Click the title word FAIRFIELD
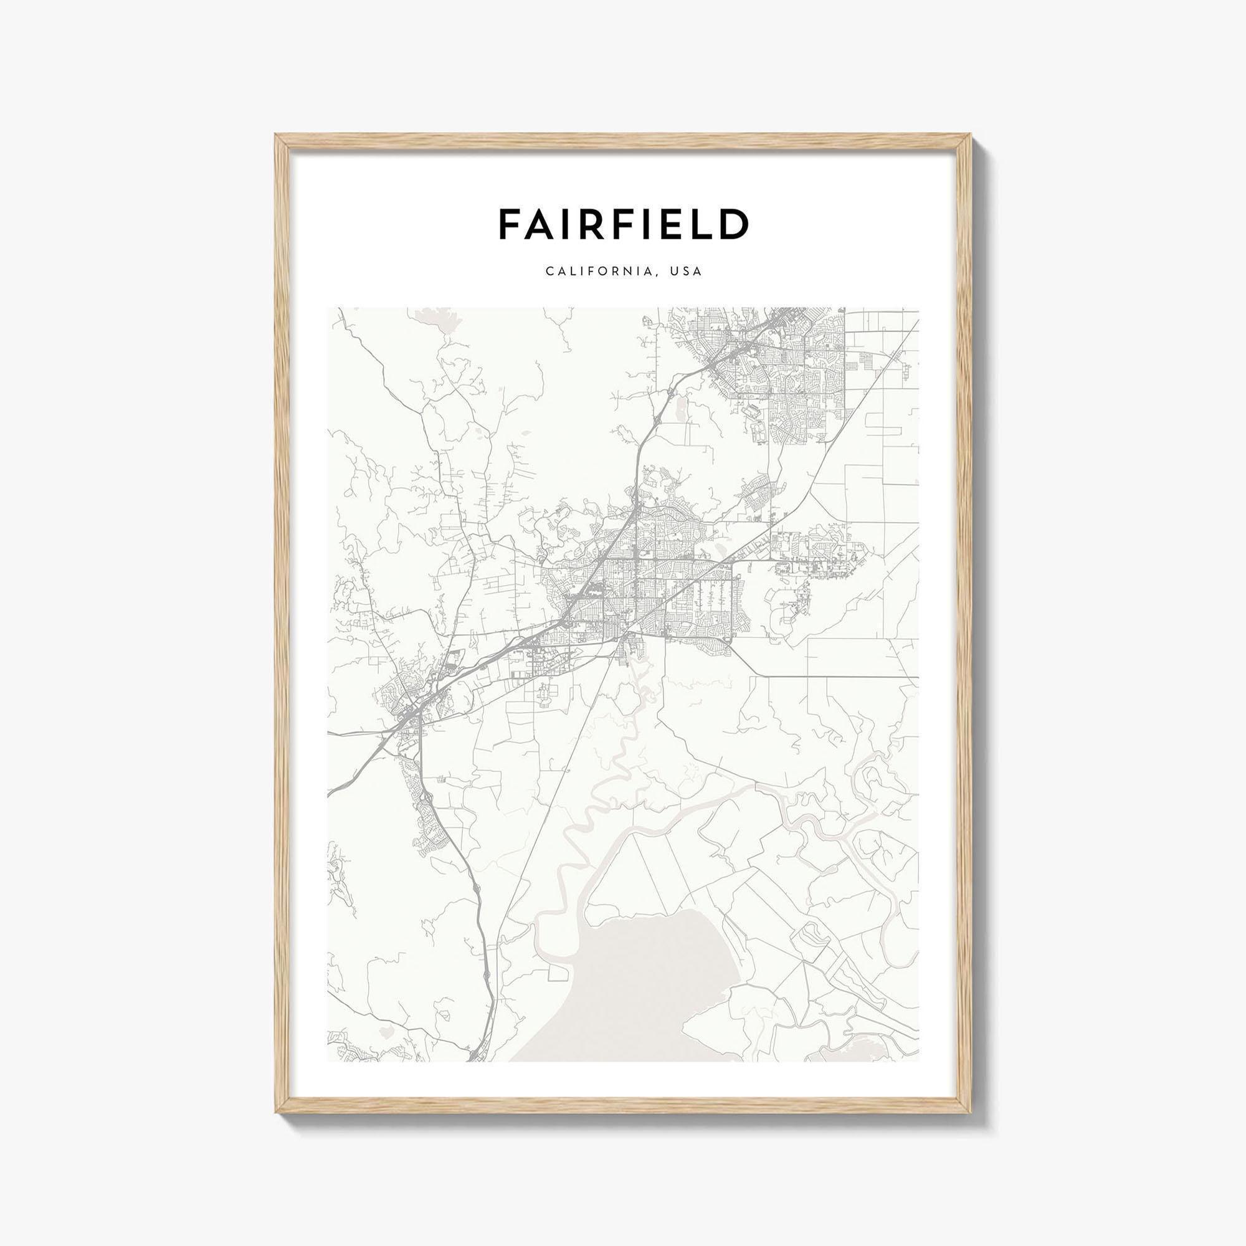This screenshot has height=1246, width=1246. [623, 223]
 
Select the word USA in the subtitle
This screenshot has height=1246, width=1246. [685, 272]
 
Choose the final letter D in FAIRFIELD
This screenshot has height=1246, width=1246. [735, 223]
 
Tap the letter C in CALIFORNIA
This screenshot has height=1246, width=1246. [549, 272]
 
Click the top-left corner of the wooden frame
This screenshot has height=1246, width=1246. [278, 136]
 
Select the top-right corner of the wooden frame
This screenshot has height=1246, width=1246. [968, 136]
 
